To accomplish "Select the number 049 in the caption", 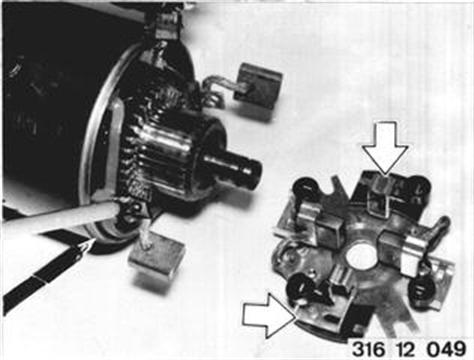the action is [446, 349].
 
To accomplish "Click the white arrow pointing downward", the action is [385, 147].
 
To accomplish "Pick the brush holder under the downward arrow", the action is [379, 197].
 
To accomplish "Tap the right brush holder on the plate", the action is [402, 250].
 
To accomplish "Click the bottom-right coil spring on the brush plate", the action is [422, 291].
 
